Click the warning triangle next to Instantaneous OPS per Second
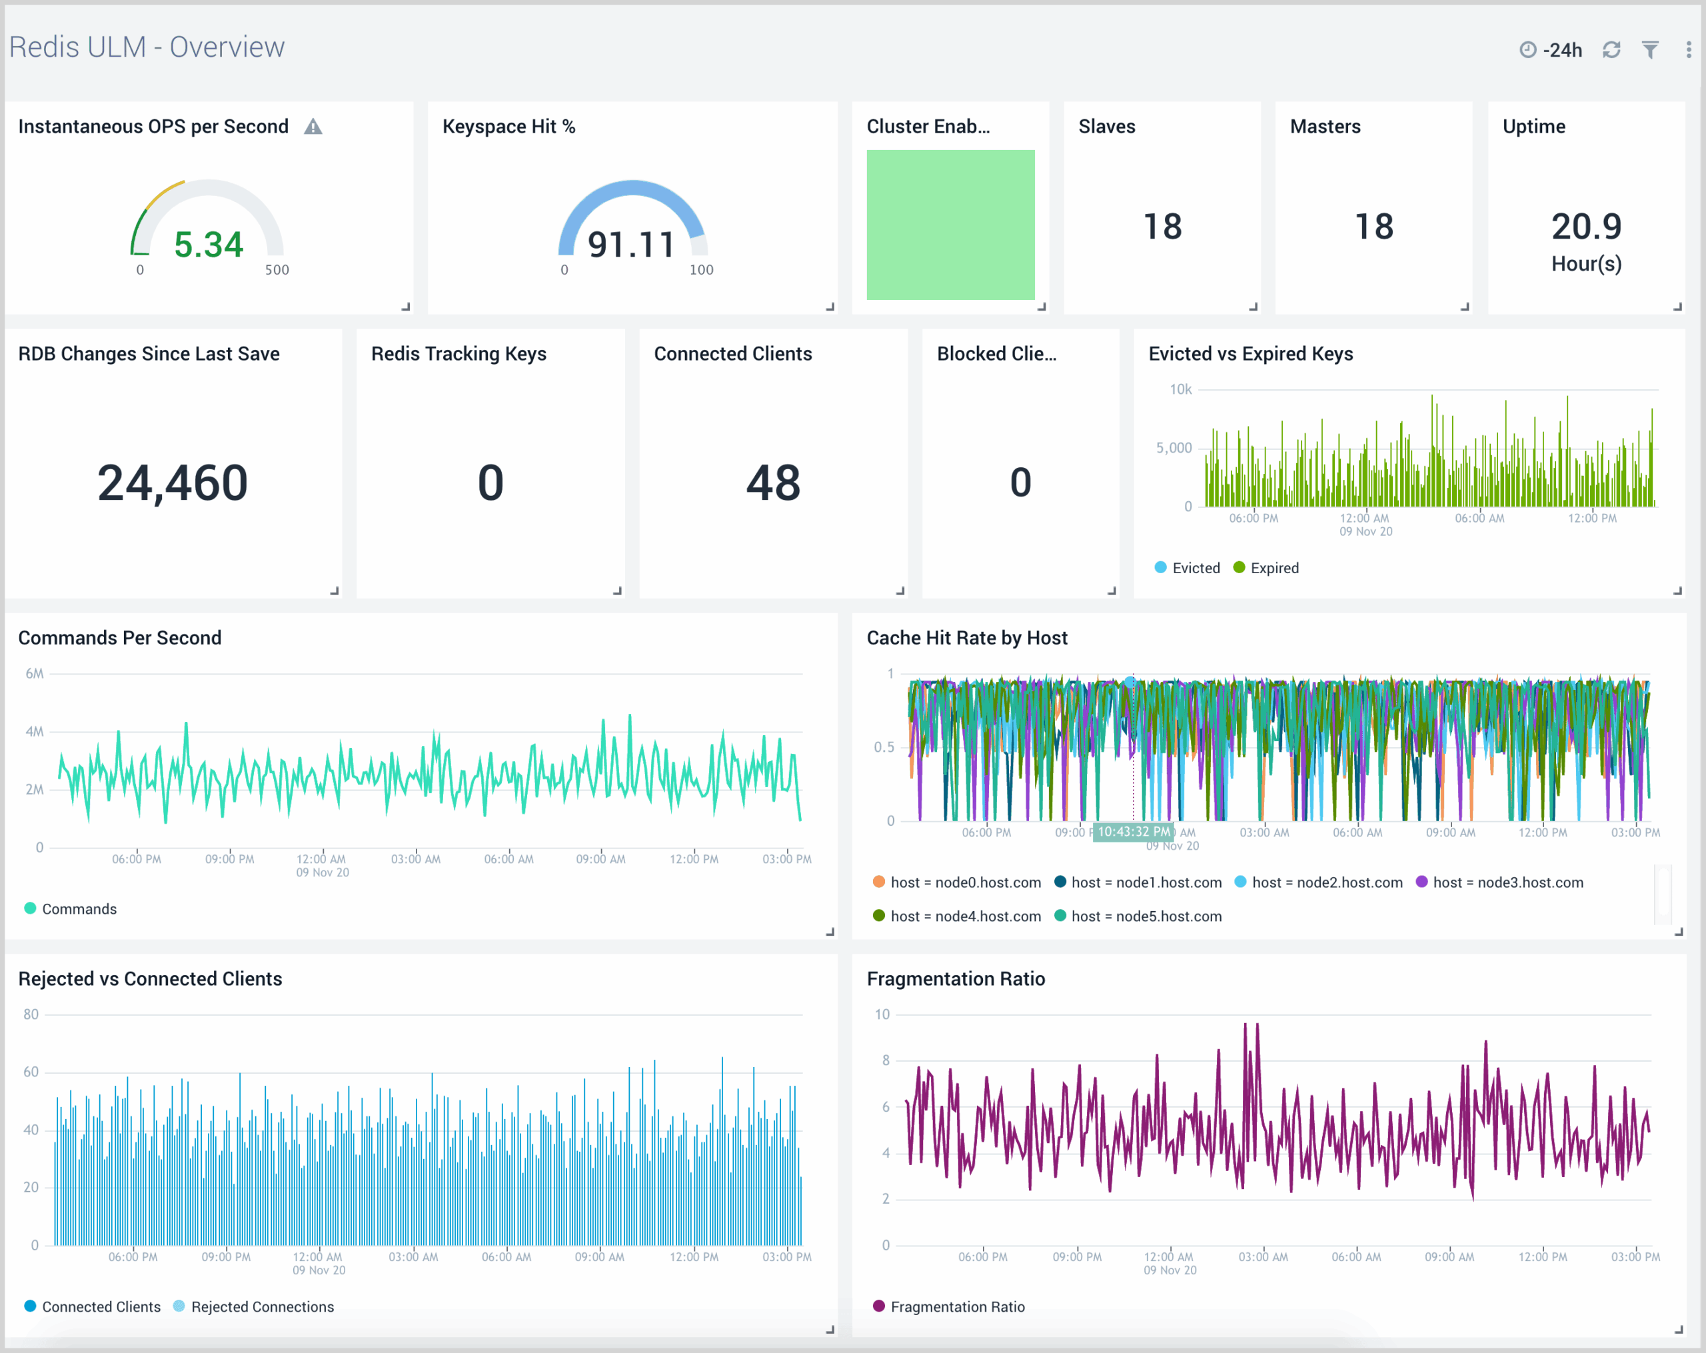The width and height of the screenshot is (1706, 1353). [313, 127]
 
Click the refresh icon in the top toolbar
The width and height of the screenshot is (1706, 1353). [1611, 50]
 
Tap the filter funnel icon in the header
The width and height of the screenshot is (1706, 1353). [1650, 50]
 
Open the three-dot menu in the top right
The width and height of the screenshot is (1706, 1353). [1688, 50]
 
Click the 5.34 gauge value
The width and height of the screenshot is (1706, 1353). [208, 245]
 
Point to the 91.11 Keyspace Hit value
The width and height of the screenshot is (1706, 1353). [630, 245]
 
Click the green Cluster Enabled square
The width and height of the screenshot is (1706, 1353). [950, 225]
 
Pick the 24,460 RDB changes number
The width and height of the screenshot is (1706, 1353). [173, 483]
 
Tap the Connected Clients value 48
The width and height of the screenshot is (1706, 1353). [773, 483]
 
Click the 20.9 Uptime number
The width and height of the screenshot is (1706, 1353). [1586, 227]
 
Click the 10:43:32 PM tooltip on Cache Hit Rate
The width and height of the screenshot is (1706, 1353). [1132, 832]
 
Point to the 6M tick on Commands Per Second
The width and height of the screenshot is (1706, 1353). [35, 673]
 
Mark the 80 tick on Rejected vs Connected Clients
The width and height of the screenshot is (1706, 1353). [31, 1014]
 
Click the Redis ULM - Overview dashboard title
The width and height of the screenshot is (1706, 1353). [147, 47]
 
